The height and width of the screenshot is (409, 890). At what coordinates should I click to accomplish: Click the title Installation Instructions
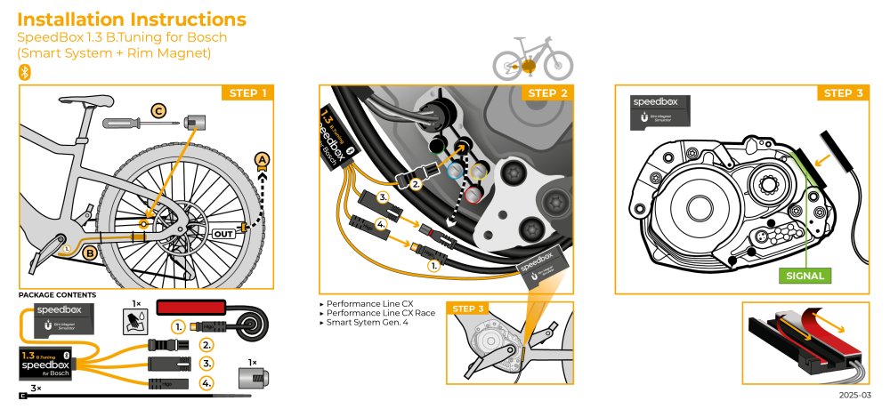click(132, 20)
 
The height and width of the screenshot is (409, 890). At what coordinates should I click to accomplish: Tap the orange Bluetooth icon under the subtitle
click(25, 72)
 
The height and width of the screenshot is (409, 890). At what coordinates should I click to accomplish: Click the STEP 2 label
click(547, 93)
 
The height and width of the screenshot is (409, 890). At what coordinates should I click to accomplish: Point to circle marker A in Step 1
click(262, 159)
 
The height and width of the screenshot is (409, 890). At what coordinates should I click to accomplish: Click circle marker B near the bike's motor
click(89, 253)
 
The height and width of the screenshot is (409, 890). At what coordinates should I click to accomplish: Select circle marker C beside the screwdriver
click(158, 111)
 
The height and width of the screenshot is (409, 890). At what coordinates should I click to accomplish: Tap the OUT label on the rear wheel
click(223, 234)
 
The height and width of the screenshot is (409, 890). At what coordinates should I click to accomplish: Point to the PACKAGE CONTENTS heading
click(58, 294)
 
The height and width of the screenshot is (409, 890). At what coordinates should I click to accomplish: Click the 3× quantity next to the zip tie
click(35, 389)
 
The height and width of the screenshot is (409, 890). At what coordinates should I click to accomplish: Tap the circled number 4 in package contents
click(207, 383)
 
